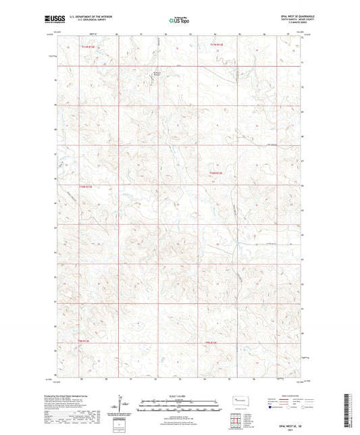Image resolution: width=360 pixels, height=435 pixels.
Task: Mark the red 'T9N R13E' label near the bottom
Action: pyautogui.click(x=212, y=342)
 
